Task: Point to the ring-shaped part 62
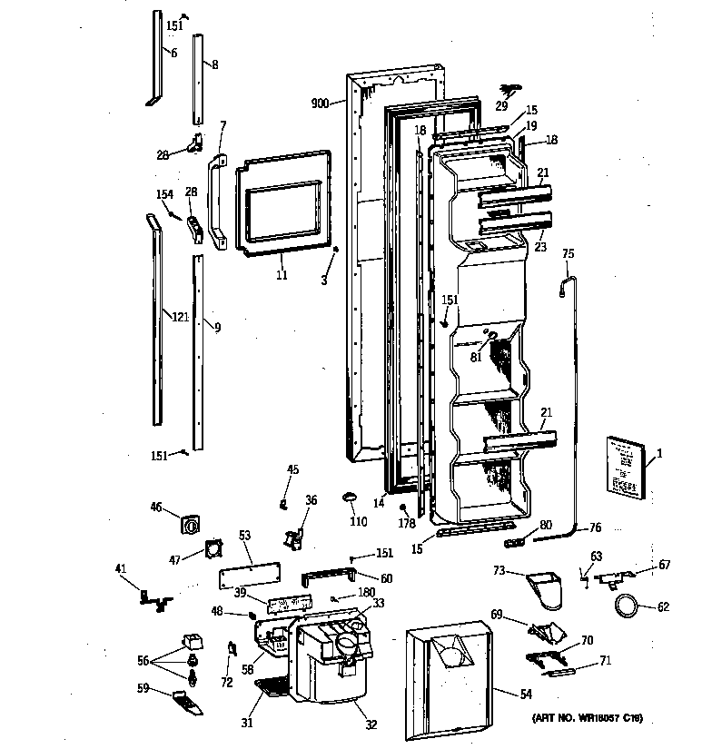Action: (x=625, y=606)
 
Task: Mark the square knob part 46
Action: (x=193, y=525)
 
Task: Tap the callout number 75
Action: (x=569, y=254)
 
